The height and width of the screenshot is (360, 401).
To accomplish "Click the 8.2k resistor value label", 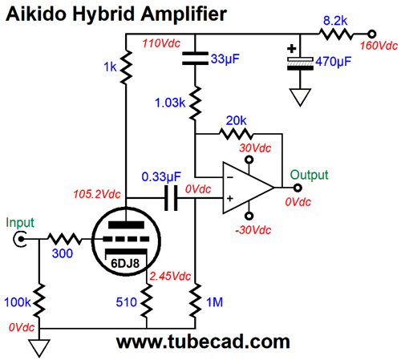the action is (335, 21).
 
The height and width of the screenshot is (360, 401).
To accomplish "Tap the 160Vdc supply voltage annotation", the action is (379, 46).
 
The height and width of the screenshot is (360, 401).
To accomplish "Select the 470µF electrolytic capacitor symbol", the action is (300, 63).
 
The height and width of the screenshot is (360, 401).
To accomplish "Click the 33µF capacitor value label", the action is (225, 59).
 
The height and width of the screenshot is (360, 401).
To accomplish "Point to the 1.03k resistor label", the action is (170, 103).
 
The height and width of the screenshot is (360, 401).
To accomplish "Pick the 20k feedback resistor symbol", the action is (236, 133).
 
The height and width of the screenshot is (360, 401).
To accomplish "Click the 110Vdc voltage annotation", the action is (161, 43).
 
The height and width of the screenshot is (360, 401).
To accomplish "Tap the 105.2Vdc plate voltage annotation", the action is (97, 194).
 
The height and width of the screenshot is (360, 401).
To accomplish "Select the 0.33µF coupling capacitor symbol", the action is (171, 198).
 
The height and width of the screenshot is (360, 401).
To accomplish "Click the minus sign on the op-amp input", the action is (229, 177).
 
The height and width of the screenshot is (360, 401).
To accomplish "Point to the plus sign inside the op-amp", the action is (230, 198).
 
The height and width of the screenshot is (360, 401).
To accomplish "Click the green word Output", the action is (309, 175).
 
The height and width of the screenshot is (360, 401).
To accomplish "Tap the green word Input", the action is (20, 222).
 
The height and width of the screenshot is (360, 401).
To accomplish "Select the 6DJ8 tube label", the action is (125, 264).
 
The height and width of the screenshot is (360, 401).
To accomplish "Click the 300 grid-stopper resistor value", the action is (63, 253).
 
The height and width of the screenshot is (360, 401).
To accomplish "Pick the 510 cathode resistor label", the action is (126, 302).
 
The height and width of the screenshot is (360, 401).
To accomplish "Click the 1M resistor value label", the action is (214, 302).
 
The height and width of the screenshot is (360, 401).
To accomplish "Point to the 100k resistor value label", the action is (18, 302).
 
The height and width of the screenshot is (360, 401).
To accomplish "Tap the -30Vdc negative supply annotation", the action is (253, 230).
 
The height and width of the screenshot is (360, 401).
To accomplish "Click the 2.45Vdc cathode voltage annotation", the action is (170, 276).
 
